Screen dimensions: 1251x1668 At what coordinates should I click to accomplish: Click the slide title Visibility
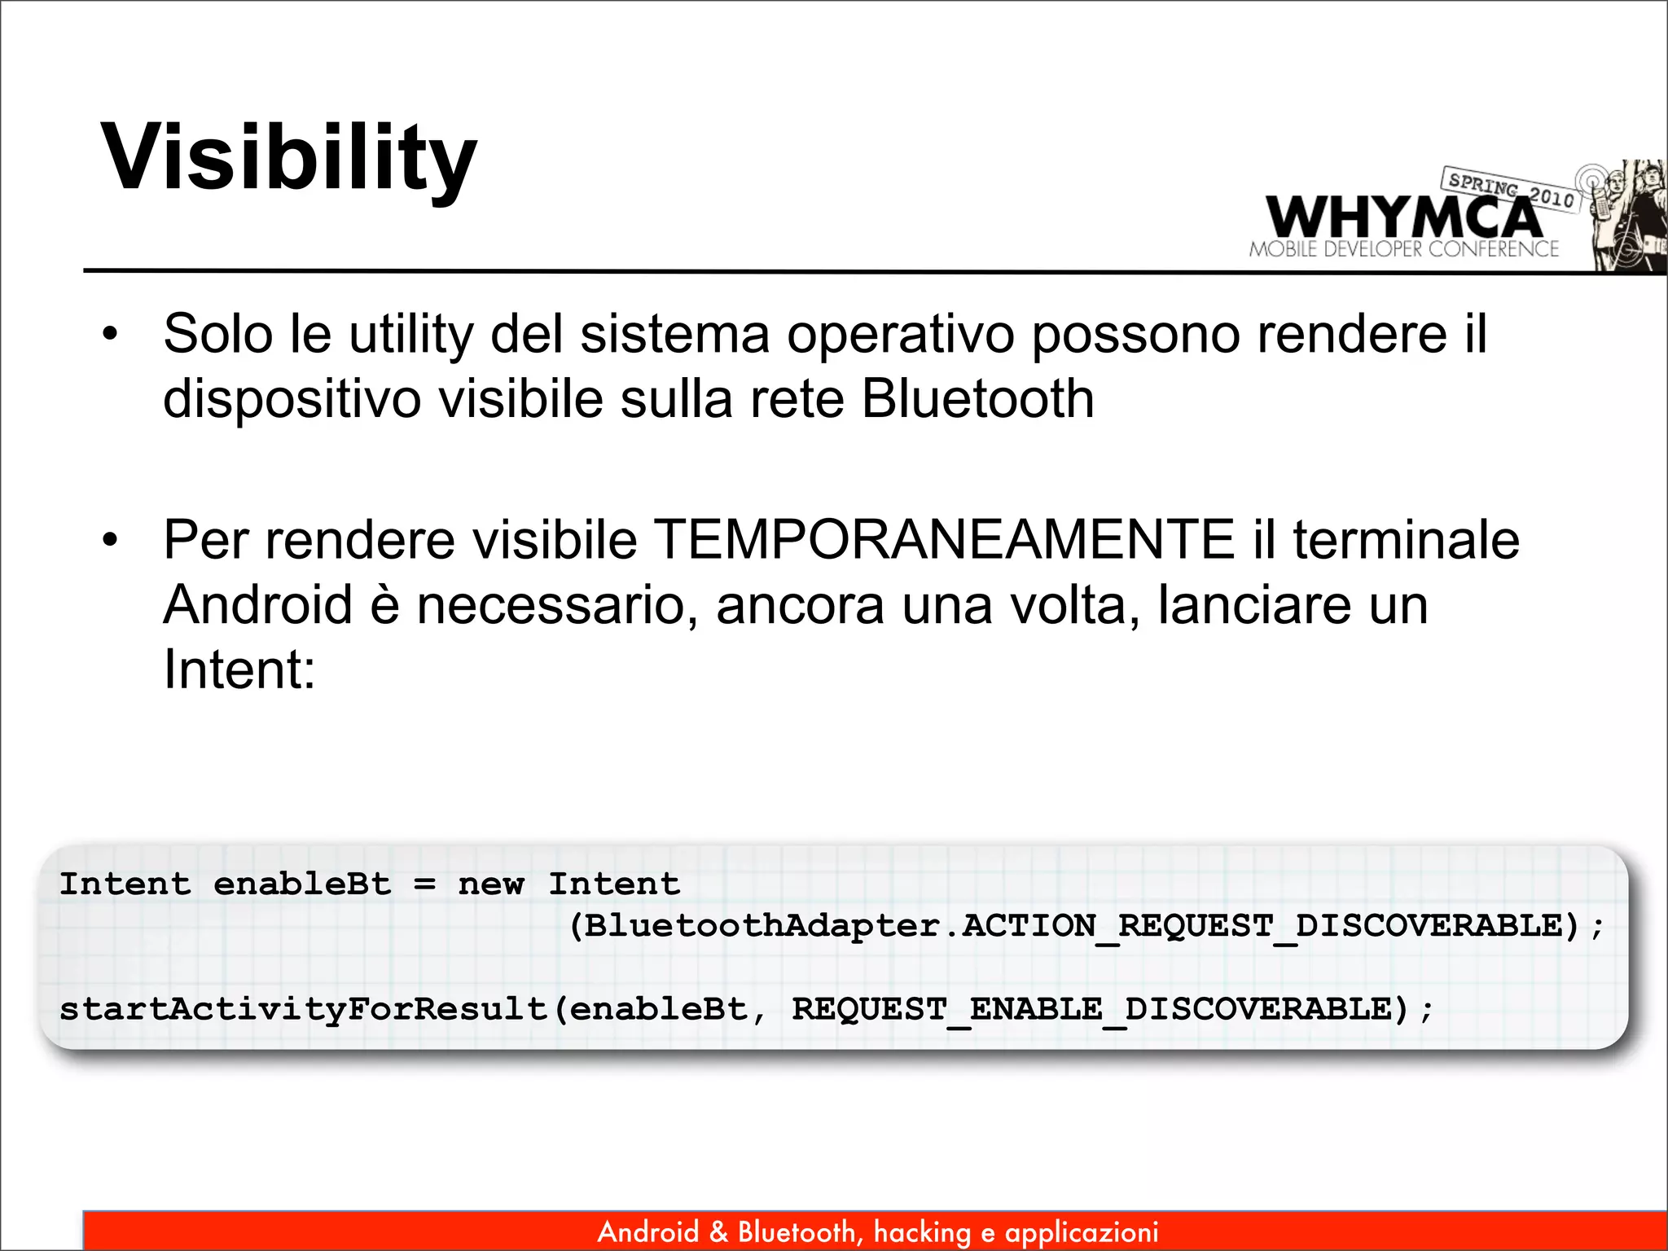click(288, 157)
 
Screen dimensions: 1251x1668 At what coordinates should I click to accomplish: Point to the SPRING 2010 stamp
click(1511, 189)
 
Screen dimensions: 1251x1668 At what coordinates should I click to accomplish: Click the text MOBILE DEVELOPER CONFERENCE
click(1404, 249)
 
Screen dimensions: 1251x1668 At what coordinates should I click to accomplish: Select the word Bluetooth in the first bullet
click(977, 399)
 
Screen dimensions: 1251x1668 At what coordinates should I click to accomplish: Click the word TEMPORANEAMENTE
click(944, 540)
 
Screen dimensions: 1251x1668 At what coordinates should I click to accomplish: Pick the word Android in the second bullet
click(257, 605)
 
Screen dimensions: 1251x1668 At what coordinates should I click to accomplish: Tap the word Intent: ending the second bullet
click(239, 669)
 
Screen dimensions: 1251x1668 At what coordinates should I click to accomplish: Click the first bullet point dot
click(110, 334)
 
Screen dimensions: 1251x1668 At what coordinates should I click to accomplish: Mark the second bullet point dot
click(110, 540)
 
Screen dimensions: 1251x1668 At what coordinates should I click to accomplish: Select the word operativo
click(899, 335)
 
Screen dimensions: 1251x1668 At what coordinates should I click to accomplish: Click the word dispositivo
click(292, 399)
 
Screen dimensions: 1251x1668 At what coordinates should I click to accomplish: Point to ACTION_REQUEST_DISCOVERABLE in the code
click(1271, 926)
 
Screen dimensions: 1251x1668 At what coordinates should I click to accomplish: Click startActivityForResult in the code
click(304, 1010)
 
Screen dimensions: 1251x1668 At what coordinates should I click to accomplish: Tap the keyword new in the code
click(491, 884)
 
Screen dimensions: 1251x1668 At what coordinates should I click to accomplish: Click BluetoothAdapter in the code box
click(762, 926)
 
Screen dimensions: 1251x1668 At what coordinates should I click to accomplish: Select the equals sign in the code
click(424, 884)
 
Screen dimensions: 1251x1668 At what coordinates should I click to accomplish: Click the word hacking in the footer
click(922, 1232)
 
